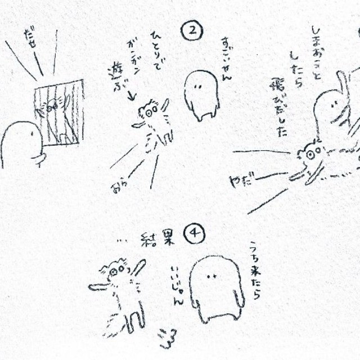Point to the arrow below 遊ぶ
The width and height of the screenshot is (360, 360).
[130, 97]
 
